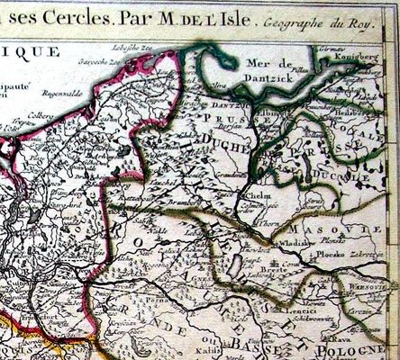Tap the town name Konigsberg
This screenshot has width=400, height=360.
pos(370,56)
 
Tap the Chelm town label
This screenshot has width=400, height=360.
pos(257,191)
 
